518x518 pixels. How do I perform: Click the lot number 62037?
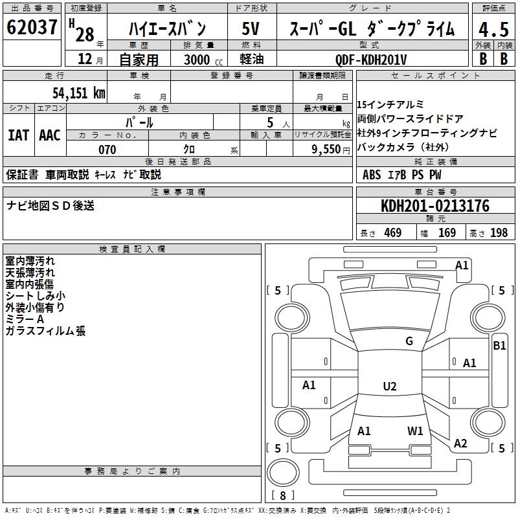coord(32,28)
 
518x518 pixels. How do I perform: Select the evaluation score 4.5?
coord(493,29)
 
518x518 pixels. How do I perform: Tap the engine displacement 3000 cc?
coord(198,60)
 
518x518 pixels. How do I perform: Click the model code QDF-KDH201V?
coord(371,60)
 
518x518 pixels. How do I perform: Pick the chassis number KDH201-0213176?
coord(435,207)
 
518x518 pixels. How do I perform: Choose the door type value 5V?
coord(251,29)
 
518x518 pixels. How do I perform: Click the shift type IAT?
coord(18,135)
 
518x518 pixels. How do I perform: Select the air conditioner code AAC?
coord(50,135)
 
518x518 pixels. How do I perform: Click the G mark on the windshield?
coord(409,341)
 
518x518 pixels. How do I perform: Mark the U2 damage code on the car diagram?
coord(389,387)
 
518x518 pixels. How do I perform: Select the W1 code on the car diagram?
coord(415,431)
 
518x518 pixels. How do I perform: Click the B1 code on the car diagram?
coord(499,346)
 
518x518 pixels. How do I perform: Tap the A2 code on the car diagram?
coord(460,444)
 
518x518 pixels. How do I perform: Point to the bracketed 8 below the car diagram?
coord(282,495)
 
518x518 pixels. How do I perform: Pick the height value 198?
coord(499,233)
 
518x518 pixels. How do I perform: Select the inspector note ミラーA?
coord(25,319)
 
